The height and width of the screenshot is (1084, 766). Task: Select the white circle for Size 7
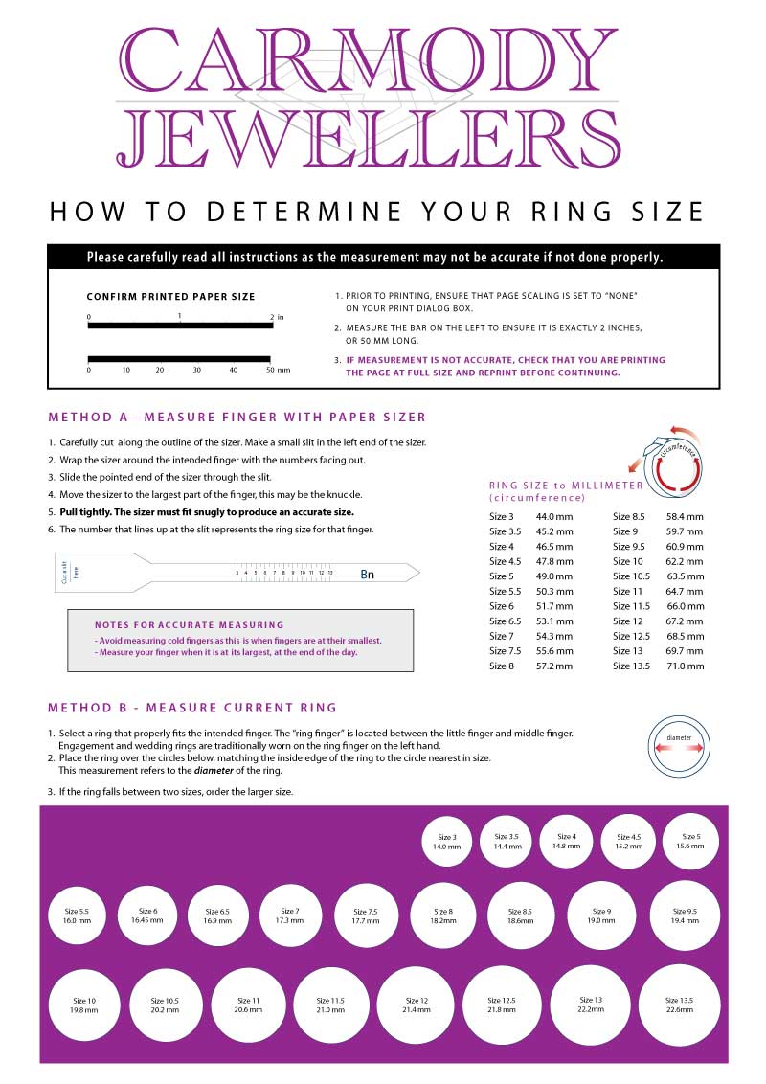[x=289, y=916]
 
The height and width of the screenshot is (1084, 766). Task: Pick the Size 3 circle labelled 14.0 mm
[x=446, y=842]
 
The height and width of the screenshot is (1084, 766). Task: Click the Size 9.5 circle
[x=684, y=915]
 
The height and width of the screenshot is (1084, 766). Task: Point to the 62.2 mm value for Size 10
[x=685, y=561]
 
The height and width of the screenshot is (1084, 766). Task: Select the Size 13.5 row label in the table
[x=634, y=666]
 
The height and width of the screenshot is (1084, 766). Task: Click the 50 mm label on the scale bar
[x=277, y=369]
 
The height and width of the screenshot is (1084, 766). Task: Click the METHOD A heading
[x=237, y=417]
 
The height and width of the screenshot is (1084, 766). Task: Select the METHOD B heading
[x=191, y=708]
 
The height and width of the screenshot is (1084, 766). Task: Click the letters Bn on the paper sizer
[x=368, y=575]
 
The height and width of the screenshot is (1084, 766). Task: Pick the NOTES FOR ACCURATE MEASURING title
[x=189, y=624]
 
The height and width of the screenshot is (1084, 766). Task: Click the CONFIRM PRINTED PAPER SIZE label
[x=170, y=297]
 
